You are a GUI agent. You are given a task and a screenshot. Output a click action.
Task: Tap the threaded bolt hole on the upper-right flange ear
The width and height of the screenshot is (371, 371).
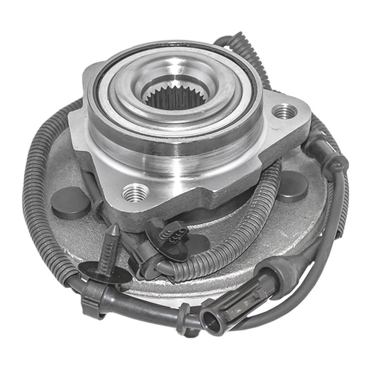pos(284,111)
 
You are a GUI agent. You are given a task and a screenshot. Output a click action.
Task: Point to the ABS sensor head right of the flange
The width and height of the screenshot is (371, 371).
pos(325,154)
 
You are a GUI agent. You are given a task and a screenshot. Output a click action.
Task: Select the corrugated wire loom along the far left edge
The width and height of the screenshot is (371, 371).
pos(37,185)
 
